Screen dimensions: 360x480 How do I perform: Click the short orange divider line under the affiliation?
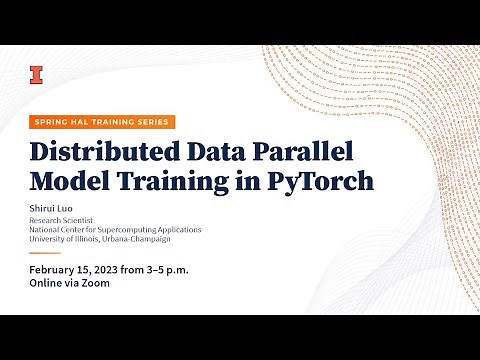(45, 253)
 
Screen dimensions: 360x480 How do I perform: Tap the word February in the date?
(58, 271)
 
